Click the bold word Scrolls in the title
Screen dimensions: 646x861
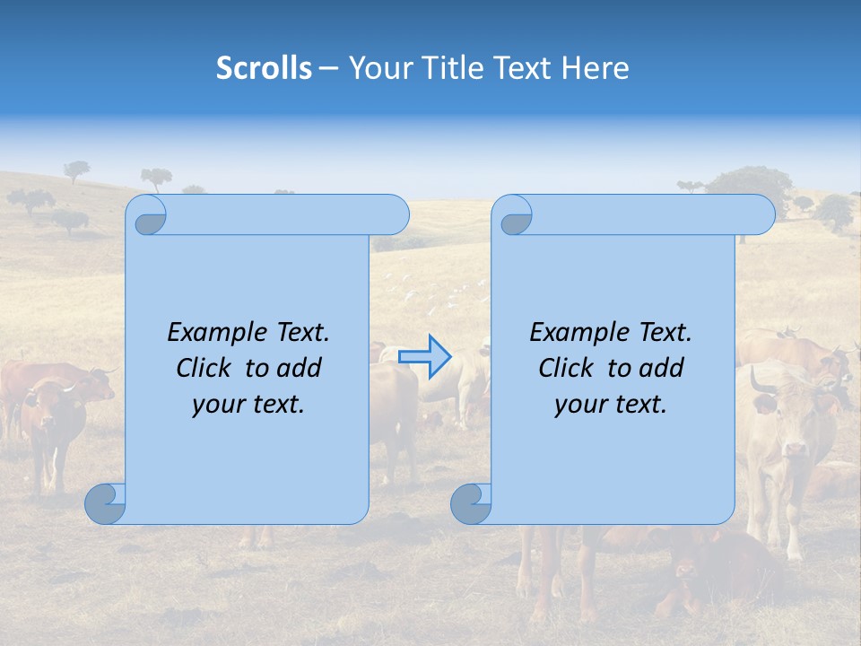point(264,67)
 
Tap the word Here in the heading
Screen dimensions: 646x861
point(595,67)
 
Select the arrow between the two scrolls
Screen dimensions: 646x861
point(425,357)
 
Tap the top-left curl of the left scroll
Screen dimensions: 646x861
point(148,216)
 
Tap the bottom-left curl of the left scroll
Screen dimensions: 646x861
point(105,504)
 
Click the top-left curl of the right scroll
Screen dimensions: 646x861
point(514,216)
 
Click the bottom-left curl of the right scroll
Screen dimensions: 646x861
point(471,504)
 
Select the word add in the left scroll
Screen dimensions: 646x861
point(300,368)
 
